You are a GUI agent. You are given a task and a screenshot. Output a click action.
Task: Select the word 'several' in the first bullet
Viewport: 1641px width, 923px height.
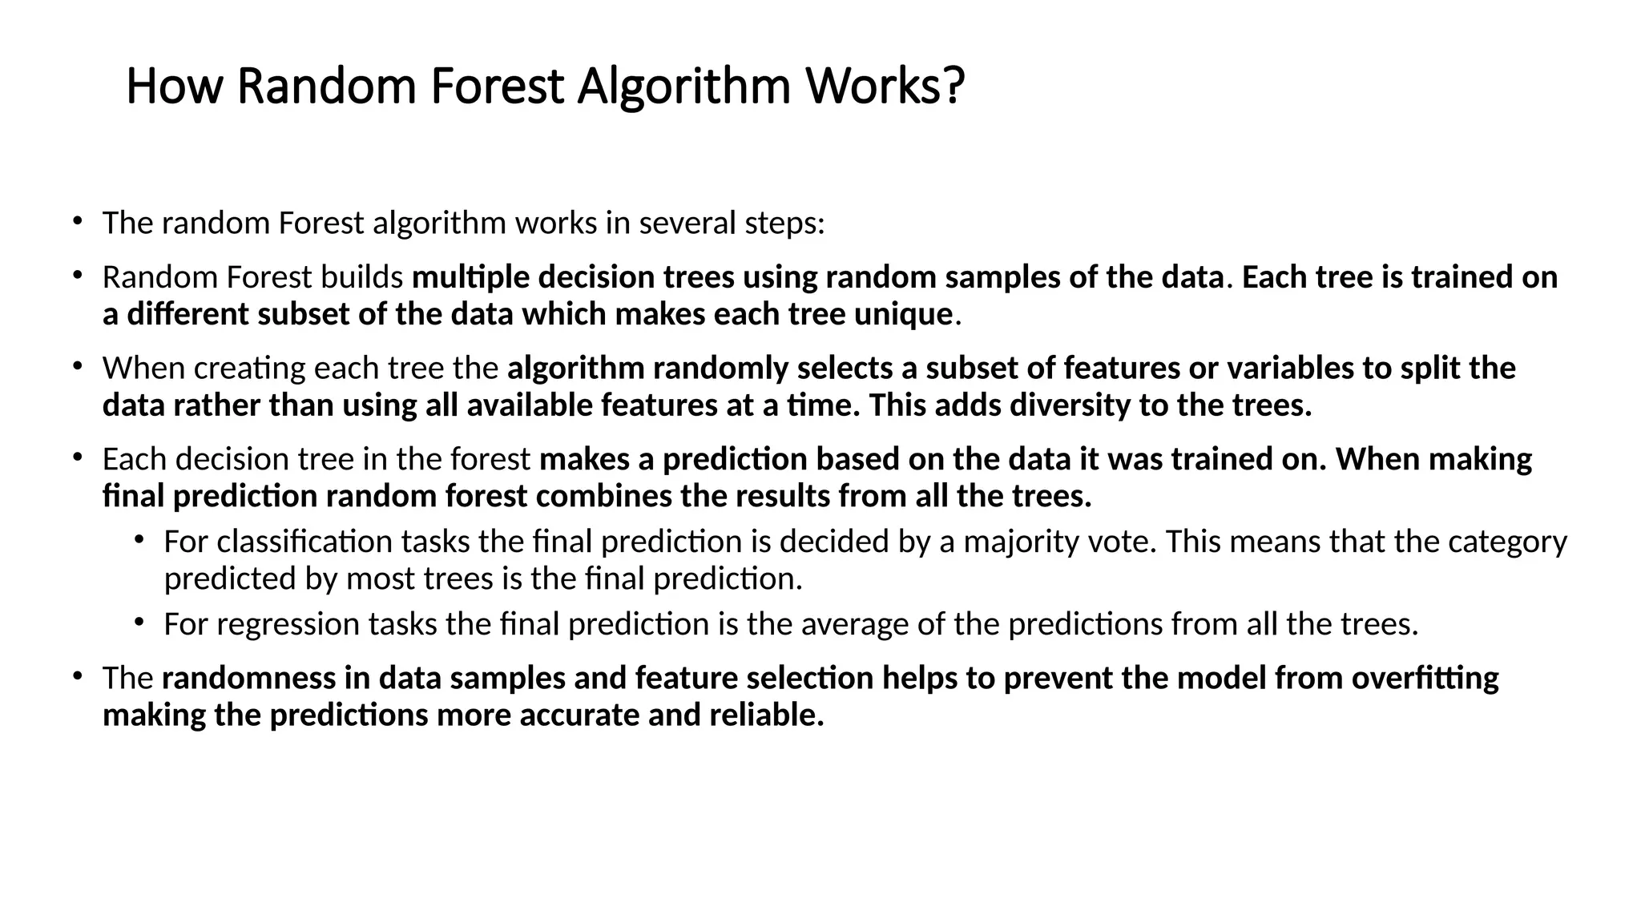(x=688, y=223)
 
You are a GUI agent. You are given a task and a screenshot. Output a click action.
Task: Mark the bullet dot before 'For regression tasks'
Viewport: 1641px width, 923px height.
(x=139, y=622)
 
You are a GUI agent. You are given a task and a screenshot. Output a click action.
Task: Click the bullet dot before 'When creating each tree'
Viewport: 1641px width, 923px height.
(x=77, y=366)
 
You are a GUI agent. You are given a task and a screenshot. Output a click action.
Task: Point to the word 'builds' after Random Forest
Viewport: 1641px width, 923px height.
(x=361, y=277)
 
